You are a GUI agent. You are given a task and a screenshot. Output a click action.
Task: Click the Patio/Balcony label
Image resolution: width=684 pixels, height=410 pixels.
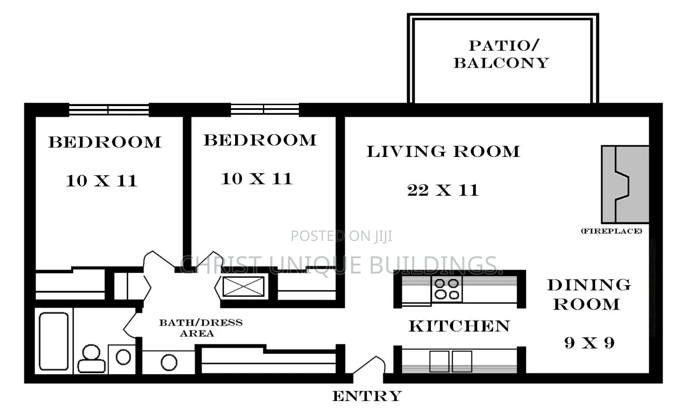point(501,54)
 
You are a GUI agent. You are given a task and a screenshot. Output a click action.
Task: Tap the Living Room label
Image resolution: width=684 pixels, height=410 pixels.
point(443,151)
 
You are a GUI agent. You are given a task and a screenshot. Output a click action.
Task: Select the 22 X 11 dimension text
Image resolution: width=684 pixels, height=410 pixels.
point(443,190)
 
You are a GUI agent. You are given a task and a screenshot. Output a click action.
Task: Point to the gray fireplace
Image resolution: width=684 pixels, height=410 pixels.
point(625,184)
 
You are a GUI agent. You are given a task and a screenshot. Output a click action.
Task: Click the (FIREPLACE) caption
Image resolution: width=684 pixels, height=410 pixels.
point(612,231)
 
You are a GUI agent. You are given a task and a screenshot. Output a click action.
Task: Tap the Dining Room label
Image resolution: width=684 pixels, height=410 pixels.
point(589,294)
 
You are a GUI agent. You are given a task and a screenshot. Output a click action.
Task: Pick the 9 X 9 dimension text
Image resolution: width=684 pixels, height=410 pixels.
point(590,342)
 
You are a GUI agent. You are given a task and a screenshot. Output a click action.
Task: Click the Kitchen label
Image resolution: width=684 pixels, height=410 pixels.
point(459,326)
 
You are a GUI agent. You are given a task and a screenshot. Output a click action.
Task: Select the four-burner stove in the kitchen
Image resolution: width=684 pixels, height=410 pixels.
point(446,289)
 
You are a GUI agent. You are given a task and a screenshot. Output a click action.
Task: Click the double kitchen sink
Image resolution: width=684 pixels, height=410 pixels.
point(451,361)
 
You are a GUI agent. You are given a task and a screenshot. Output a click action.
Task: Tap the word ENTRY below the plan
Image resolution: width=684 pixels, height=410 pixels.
point(367,396)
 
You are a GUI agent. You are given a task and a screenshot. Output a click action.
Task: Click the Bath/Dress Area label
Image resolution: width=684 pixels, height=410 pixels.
point(201,327)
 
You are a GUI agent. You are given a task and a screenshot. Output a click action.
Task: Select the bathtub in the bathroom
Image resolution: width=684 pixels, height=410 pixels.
point(54,341)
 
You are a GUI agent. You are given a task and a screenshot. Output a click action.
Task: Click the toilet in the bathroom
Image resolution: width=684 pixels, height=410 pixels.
point(91,359)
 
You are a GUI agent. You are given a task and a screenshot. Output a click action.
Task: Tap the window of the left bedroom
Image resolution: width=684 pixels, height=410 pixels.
point(109,109)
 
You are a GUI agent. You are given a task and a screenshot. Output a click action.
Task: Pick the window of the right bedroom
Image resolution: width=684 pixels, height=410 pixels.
point(265,109)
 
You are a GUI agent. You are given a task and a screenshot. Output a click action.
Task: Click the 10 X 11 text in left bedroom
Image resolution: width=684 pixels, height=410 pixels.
point(101,180)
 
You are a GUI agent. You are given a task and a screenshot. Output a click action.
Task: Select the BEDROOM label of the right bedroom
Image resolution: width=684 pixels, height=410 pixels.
point(260,140)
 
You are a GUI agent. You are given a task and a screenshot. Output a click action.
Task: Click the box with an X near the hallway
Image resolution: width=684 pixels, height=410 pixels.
point(243,286)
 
